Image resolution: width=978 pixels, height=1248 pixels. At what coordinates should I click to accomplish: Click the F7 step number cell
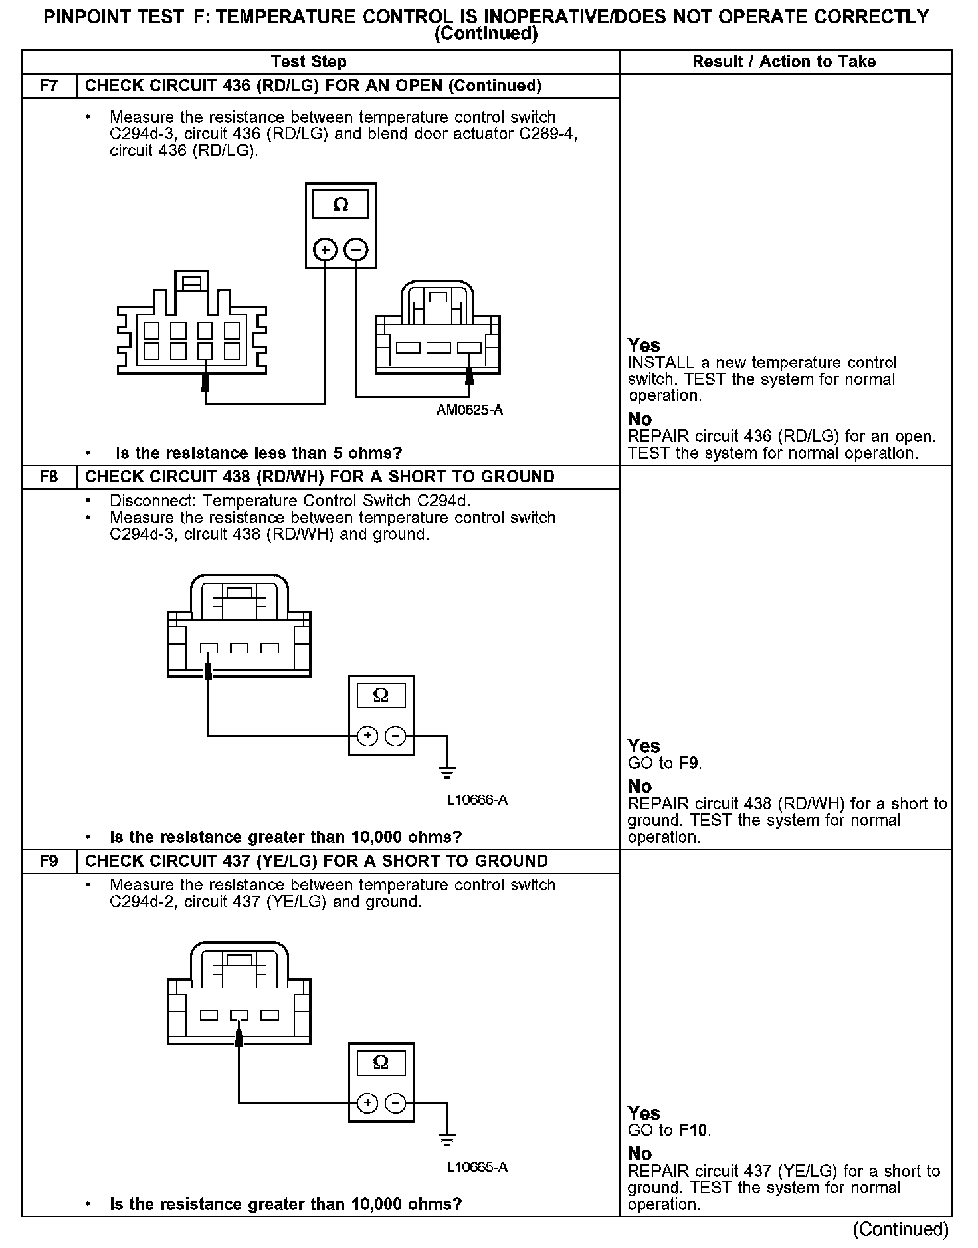49,86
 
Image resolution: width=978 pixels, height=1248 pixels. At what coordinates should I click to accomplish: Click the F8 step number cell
49,477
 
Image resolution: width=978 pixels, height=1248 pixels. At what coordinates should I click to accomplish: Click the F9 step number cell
49,861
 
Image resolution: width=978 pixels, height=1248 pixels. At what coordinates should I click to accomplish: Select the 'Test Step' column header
309,62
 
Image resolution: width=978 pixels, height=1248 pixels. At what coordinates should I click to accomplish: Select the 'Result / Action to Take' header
784,62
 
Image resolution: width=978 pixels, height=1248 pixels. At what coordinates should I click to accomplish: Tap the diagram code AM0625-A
470,410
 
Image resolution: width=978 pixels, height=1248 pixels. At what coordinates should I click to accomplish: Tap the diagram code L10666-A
477,800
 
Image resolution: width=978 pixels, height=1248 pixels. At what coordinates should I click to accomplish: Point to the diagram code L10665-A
477,1167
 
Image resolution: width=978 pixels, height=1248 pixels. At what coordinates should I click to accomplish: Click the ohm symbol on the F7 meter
340,205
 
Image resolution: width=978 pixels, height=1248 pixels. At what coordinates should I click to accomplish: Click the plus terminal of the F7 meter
325,250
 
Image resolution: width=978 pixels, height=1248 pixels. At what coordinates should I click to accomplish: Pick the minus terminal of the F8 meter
395,736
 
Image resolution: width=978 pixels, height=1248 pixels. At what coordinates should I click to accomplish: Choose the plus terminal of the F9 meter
367,1103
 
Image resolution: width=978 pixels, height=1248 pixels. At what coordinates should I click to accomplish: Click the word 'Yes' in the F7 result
644,346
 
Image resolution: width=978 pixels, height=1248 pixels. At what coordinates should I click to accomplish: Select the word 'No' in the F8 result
640,787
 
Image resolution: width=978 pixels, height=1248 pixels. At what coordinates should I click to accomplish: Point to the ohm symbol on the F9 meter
381,1063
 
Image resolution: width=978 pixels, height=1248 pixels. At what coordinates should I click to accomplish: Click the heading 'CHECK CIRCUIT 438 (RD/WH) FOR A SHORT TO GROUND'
320,477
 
